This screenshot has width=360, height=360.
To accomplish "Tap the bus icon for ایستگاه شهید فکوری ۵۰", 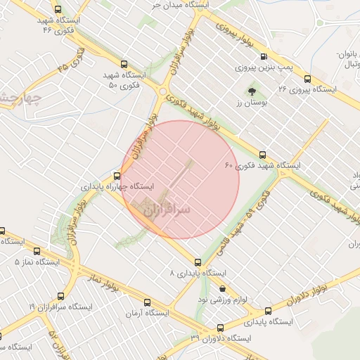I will tap(124, 63).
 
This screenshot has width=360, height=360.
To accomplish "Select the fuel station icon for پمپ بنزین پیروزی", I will tap(264, 57).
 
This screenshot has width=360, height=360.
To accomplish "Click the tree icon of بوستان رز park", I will tap(252, 91).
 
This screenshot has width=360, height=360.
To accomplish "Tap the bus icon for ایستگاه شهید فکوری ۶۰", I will tap(262, 155).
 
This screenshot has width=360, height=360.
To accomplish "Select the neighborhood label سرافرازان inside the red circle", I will tap(167, 210).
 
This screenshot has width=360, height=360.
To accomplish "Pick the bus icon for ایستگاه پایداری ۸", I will tap(198, 262).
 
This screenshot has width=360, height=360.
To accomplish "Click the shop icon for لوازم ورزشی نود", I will tap(223, 288).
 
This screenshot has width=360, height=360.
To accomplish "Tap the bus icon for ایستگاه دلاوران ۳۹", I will tap(220, 328).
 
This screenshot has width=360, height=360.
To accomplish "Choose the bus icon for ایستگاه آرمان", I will tap(127, 302).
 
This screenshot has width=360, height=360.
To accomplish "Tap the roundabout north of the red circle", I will tap(163, 91).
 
